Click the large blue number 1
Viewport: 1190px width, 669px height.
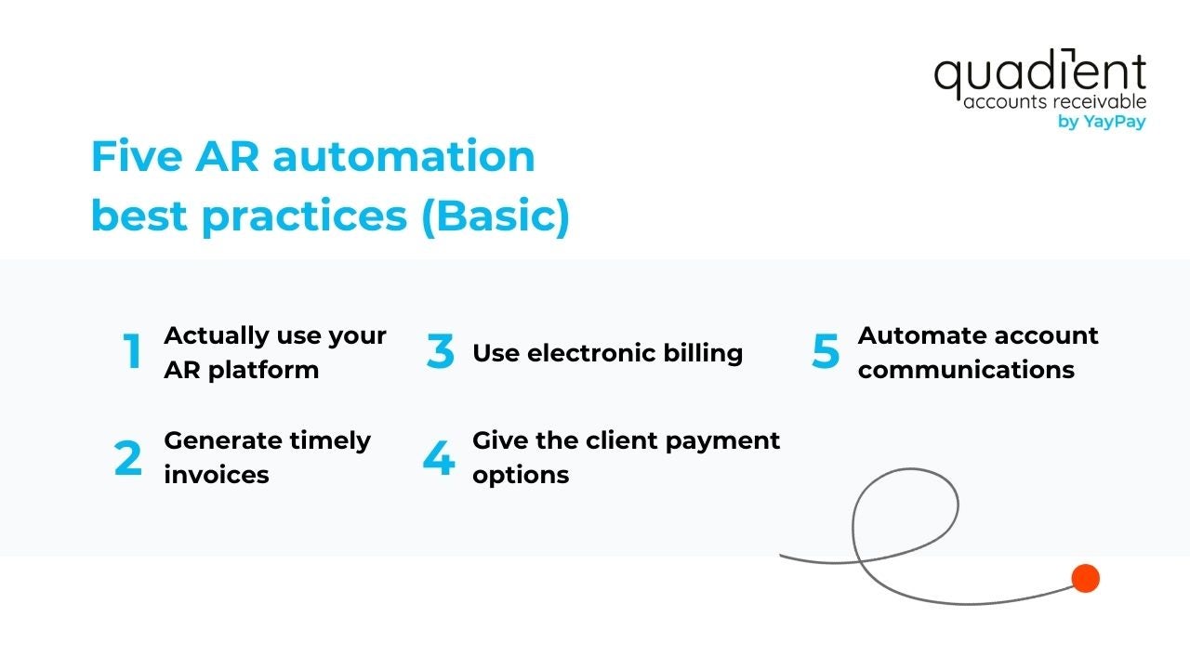click(x=133, y=351)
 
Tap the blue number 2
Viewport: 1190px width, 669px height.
click(x=128, y=458)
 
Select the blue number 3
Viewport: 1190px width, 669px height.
click(x=441, y=352)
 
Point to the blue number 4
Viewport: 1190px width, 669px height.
click(x=438, y=458)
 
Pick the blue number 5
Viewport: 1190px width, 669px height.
click(x=826, y=351)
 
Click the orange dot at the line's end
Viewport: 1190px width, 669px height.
click(x=1085, y=579)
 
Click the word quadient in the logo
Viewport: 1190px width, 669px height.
click(x=1039, y=75)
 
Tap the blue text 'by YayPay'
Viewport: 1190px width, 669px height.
click(x=1102, y=122)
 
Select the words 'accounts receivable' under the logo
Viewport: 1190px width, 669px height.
click(x=1054, y=101)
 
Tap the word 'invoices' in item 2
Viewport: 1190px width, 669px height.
click(x=217, y=474)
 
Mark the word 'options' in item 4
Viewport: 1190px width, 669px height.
click(x=521, y=474)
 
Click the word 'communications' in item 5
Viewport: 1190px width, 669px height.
click(x=966, y=369)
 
